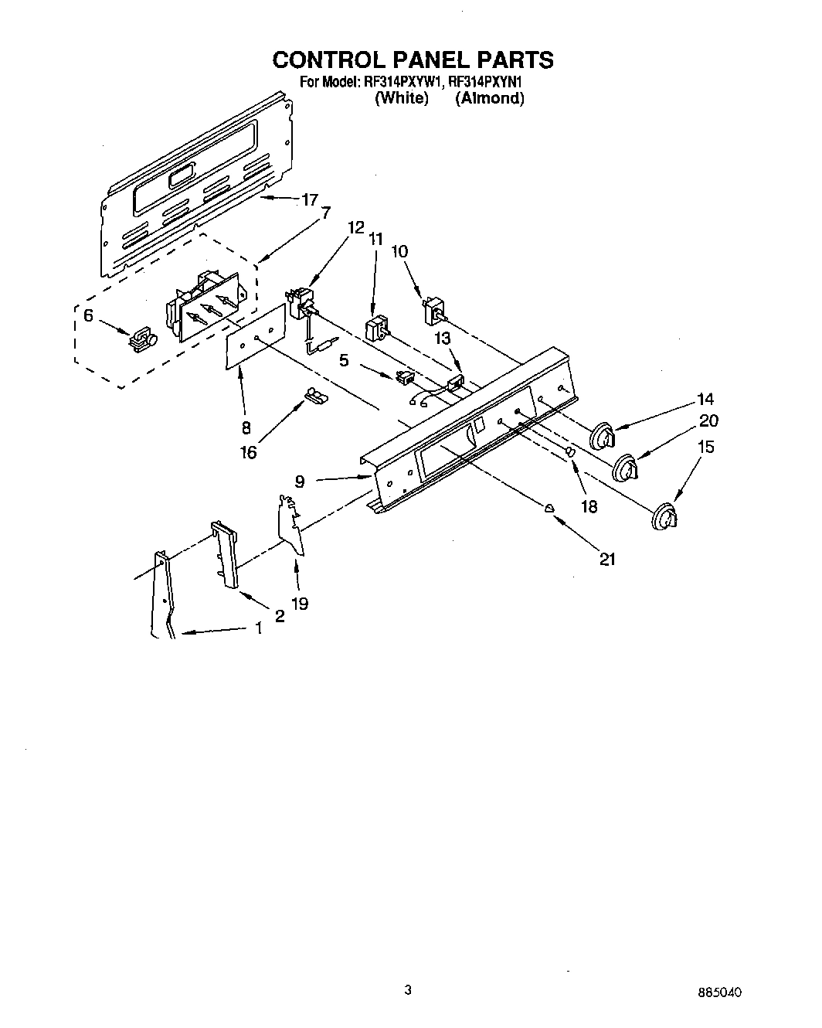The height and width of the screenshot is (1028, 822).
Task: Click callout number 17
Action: pyautogui.click(x=309, y=200)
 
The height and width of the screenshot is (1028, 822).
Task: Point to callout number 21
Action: pyautogui.click(x=607, y=559)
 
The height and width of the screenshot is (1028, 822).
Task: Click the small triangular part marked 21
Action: pyautogui.click(x=549, y=508)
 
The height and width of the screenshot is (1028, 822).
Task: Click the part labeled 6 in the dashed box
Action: pyautogui.click(x=141, y=339)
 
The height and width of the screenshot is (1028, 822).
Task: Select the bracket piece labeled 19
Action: pyautogui.click(x=291, y=526)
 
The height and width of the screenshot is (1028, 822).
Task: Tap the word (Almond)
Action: pyautogui.click(x=489, y=98)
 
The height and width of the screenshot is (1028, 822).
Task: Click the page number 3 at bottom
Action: pyautogui.click(x=408, y=989)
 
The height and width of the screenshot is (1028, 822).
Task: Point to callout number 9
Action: pyautogui.click(x=300, y=482)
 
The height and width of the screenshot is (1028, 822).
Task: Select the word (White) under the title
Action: pyautogui.click(x=401, y=98)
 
